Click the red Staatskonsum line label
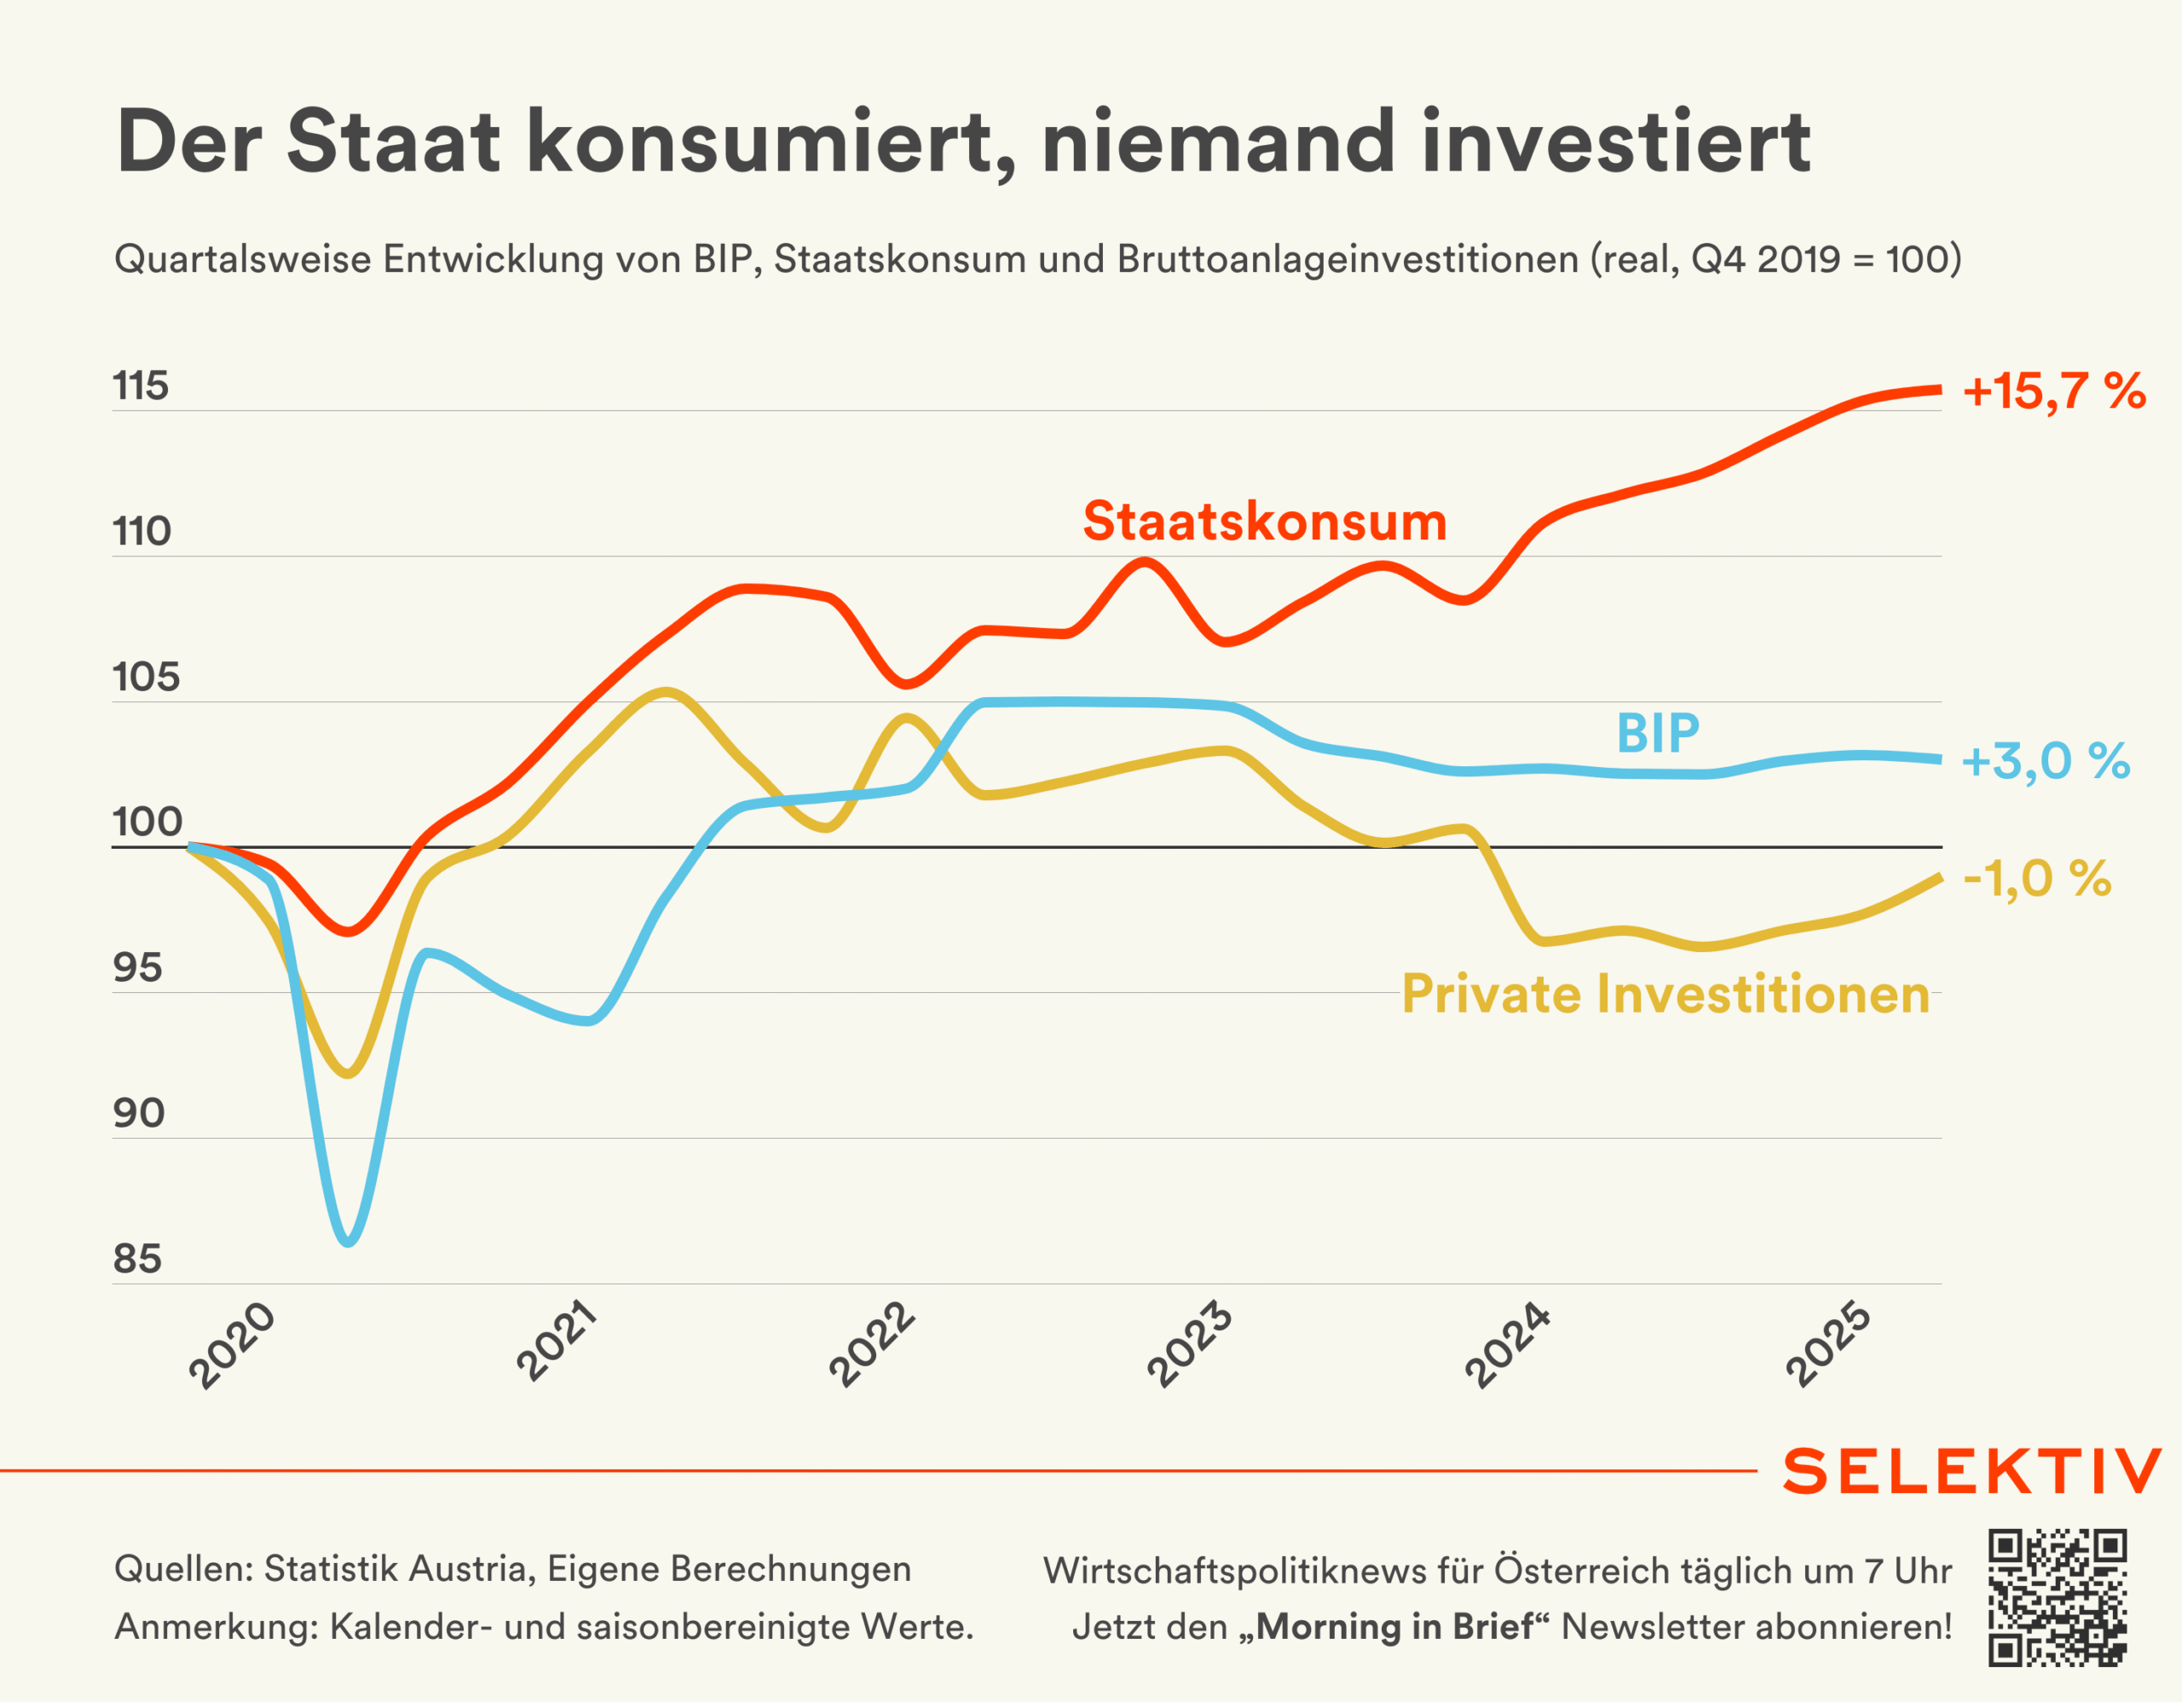pyautogui.click(x=1264, y=522)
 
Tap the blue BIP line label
pyautogui.click(x=1658, y=734)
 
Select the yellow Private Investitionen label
pyautogui.click(x=1665, y=995)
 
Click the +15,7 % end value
pyautogui.click(x=2054, y=390)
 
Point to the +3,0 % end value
pyautogui.click(x=2045, y=761)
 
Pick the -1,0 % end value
pyautogui.click(x=2037, y=880)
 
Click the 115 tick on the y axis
pyautogui.click(x=141, y=387)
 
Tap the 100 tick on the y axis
pyautogui.click(x=147, y=822)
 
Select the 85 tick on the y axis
pyautogui.click(x=138, y=1260)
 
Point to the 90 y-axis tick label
pyautogui.click(x=139, y=1113)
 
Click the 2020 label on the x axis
pyautogui.click(x=232, y=1346)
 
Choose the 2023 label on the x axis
pyautogui.click(x=1189, y=1344)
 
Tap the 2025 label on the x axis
pyautogui.click(x=1827, y=1344)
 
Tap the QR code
pyautogui.click(x=2057, y=1597)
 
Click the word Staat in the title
pyautogui.click(x=393, y=141)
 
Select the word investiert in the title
pyautogui.click(x=1615, y=141)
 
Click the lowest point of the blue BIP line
pyautogui.click(x=348, y=1242)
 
